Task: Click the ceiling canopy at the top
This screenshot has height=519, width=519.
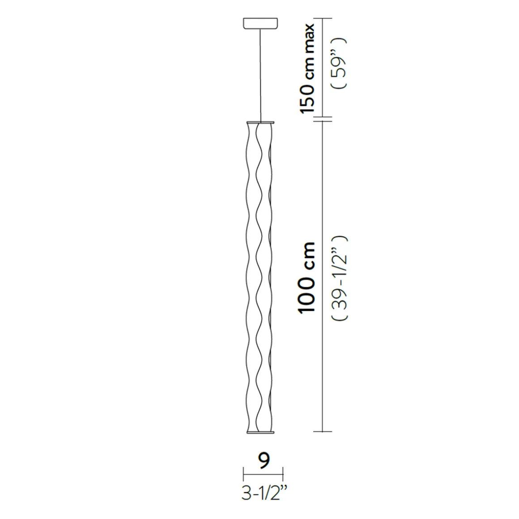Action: click(260, 24)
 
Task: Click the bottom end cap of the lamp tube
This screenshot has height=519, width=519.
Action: click(260, 432)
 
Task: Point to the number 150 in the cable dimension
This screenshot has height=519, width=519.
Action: click(308, 98)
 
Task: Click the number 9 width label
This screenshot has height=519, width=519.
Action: click(264, 460)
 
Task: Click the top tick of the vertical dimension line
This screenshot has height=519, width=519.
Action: click(323, 19)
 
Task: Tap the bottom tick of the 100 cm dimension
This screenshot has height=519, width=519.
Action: click(323, 432)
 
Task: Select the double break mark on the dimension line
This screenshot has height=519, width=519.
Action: click(323, 119)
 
